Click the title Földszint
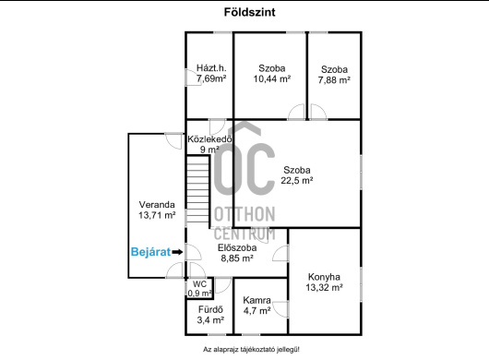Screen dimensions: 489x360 click(x=249, y=13)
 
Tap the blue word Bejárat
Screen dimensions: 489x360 click(x=150, y=252)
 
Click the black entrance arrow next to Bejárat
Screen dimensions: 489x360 click(x=177, y=252)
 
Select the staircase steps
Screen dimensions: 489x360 click(x=197, y=189)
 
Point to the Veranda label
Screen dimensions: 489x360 click(x=157, y=205)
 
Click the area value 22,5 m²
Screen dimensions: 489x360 click(x=297, y=180)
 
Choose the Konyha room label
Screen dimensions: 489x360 click(x=324, y=277)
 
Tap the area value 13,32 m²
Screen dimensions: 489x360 click(x=325, y=287)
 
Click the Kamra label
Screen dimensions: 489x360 click(x=256, y=300)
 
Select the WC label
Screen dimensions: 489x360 click(x=199, y=284)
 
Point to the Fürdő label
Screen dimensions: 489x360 click(x=210, y=310)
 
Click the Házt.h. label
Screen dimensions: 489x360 click(x=211, y=68)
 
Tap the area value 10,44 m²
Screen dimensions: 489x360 click(x=272, y=78)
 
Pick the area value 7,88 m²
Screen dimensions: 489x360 click(x=334, y=80)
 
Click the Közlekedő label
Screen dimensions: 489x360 click(x=209, y=139)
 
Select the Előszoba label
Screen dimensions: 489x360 click(x=237, y=247)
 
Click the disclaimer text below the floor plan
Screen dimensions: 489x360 click(x=251, y=350)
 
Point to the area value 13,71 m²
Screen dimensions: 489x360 click(x=157, y=215)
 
